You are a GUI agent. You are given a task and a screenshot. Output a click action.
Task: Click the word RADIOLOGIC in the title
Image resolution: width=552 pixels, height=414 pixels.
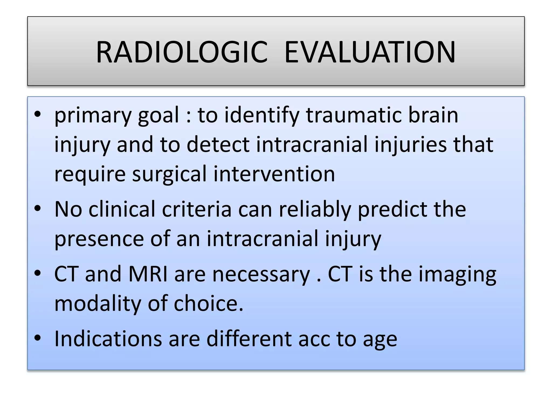[x=182, y=52]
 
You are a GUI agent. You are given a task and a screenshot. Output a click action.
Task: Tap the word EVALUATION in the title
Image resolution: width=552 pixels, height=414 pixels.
[x=370, y=52]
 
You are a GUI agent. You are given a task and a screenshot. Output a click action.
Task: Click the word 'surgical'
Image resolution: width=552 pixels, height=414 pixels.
[x=169, y=174]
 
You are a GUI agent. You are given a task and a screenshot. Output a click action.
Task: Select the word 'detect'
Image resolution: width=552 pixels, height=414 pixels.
[x=218, y=145]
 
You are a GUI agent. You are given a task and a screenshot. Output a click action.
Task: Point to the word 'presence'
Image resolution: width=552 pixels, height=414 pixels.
[x=99, y=239]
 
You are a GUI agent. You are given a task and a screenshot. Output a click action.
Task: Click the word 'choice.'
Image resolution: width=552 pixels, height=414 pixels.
[x=208, y=303]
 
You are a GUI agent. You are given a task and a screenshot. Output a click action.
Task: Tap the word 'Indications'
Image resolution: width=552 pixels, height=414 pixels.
[x=108, y=339]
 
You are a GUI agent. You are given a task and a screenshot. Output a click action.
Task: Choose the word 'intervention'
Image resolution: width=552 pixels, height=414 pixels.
[x=274, y=174]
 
